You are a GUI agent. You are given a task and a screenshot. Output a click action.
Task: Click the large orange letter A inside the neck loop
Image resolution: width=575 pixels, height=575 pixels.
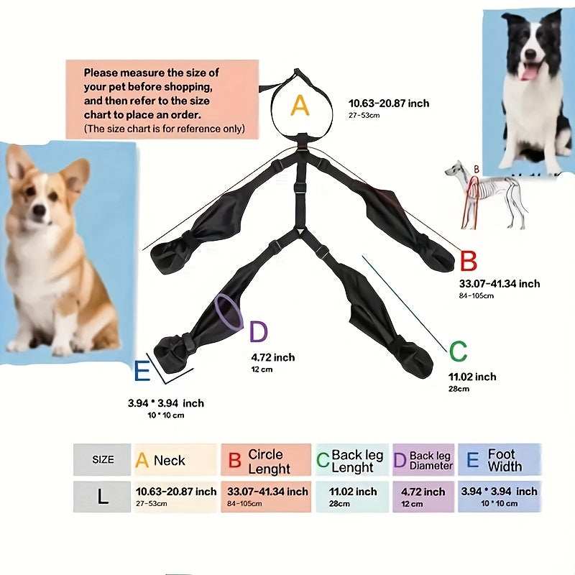pyautogui.click(x=300, y=106)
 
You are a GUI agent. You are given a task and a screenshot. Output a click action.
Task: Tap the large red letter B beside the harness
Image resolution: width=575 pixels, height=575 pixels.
pyautogui.click(x=468, y=262)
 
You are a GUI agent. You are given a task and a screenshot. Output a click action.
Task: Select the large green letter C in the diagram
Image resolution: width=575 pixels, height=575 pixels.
pyautogui.click(x=458, y=352)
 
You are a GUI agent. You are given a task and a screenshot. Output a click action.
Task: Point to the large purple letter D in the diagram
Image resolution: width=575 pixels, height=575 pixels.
pyautogui.click(x=258, y=332)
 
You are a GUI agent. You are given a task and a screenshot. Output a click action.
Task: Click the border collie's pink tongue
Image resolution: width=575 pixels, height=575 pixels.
pyautogui.click(x=528, y=73)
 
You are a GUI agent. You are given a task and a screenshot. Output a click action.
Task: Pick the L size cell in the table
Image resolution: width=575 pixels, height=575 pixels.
pyautogui.click(x=103, y=497)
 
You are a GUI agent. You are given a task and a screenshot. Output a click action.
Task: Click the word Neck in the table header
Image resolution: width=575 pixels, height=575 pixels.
pyautogui.click(x=169, y=461)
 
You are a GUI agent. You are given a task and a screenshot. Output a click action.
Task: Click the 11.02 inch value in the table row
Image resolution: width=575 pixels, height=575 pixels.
pyautogui.click(x=352, y=492)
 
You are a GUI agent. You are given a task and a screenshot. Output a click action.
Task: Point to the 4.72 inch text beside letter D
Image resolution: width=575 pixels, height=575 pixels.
pyautogui.click(x=272, y=357)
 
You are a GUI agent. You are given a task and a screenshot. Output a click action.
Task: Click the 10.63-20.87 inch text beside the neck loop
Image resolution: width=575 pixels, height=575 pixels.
pyautogui.click(x=388, y=103)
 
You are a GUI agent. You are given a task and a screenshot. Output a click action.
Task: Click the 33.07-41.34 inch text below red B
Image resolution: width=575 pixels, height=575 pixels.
pyautogui.click(x=499, y=284)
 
